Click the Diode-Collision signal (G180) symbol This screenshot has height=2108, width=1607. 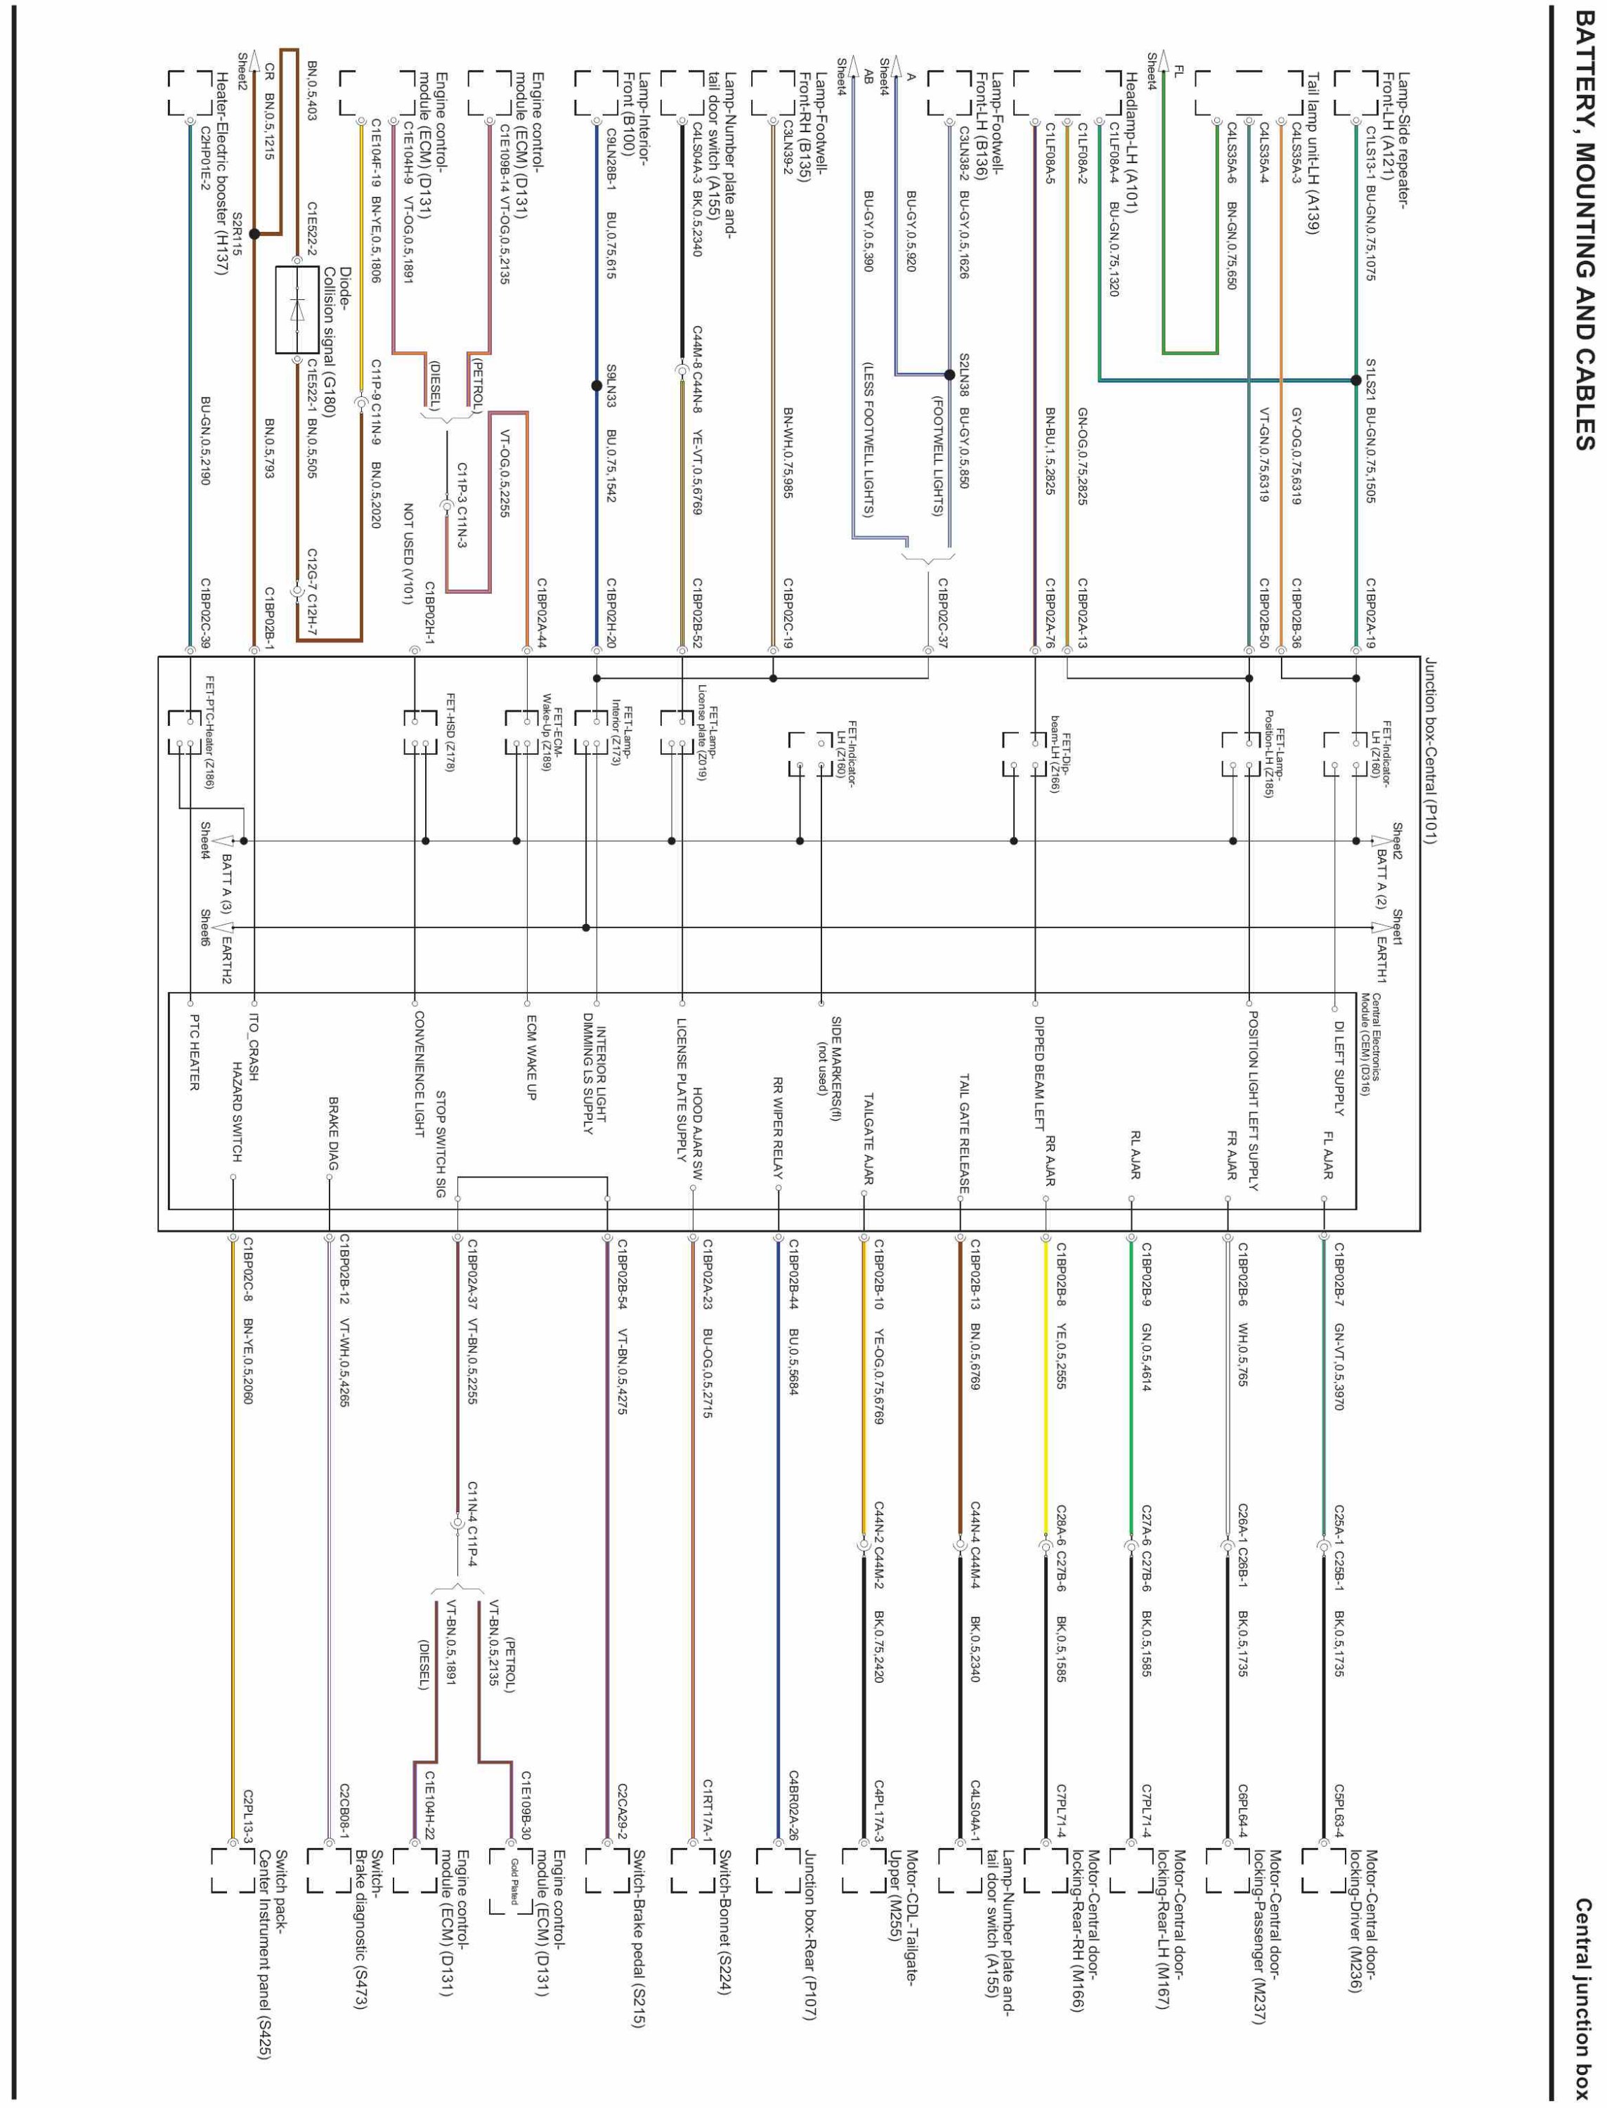[297, 310]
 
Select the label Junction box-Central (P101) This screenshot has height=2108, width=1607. [1430, 752]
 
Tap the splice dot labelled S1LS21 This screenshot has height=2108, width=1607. [1355, 379]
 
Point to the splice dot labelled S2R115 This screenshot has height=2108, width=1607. [254, 233]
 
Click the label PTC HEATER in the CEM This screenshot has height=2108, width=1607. [194, 1052]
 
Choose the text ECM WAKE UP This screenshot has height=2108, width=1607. [530, 1058]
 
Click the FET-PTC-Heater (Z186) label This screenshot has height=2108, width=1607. [209, 731]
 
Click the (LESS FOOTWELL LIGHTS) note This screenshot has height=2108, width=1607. [868, 439]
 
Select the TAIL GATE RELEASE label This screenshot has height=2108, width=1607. [964, 1133]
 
